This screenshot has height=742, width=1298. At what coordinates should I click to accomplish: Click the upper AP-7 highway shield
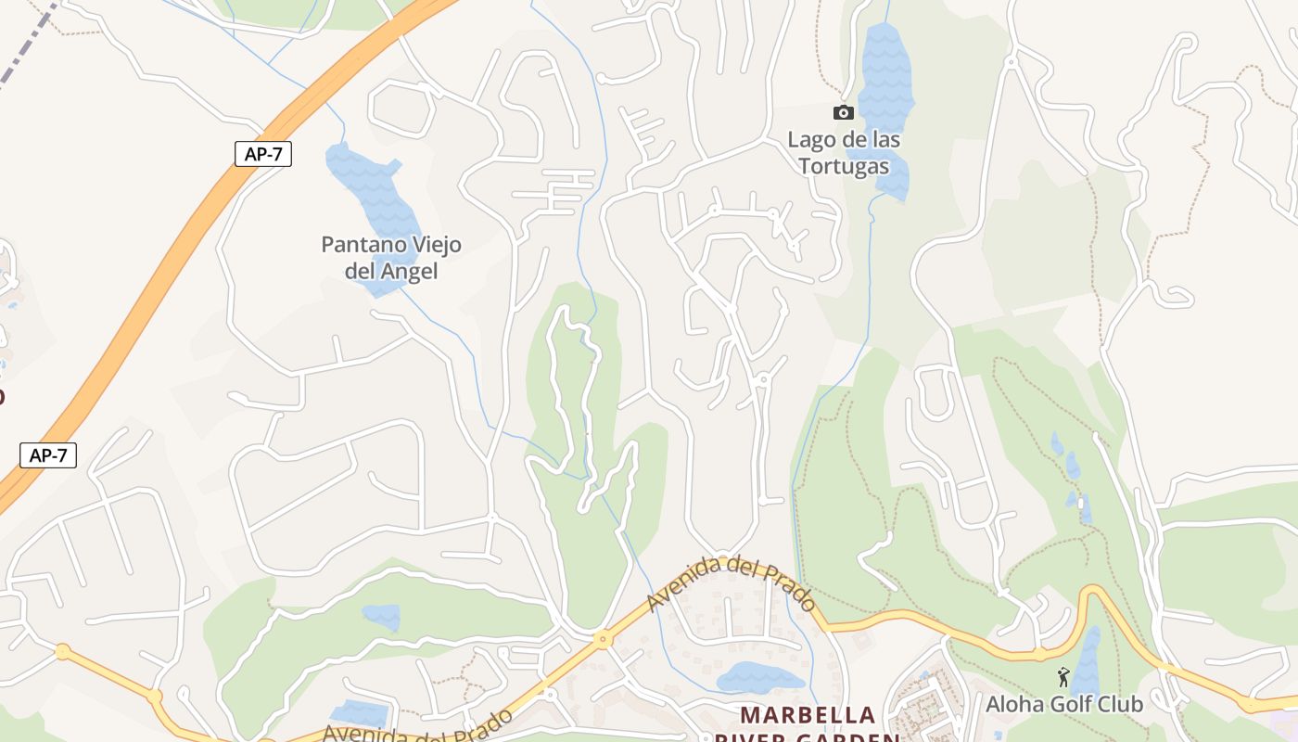[263, 154]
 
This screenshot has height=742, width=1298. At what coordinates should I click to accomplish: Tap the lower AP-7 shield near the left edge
[48, 454]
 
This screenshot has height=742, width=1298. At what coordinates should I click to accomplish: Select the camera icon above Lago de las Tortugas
[843, 112]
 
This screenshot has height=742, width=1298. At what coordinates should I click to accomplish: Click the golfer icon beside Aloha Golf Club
[1063, 677]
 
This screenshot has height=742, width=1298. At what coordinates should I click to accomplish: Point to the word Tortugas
[843, 166]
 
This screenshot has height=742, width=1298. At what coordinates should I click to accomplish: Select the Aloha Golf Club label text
[1063, 704]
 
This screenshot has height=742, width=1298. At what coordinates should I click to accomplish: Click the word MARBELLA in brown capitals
[808, 715]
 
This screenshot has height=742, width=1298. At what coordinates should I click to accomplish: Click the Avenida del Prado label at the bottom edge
[417, 729]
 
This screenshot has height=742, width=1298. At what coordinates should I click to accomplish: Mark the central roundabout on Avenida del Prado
[604, 638]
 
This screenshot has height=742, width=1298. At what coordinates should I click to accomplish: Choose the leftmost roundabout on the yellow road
[62, 652]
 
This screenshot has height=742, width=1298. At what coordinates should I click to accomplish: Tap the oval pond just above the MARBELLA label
[758, 678]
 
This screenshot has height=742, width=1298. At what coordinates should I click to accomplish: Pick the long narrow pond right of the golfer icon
[1087, 660]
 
